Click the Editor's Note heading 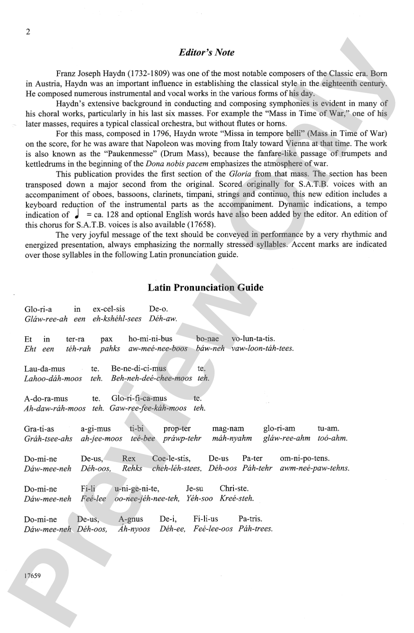click(206, 52)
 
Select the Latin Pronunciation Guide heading click(206, 288)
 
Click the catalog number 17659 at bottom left click(32, 575)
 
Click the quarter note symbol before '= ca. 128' click(77, 214)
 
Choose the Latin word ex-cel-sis click(109, 309)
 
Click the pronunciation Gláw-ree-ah click(46, 319)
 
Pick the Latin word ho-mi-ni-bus click(150, 339)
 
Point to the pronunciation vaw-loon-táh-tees click(262, 348)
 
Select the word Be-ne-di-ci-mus click(139, 369)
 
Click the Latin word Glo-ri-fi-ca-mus click(139, 398)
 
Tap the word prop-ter click(177, 429)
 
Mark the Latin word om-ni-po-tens click(304, 458)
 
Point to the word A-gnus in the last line click(131, 519)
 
